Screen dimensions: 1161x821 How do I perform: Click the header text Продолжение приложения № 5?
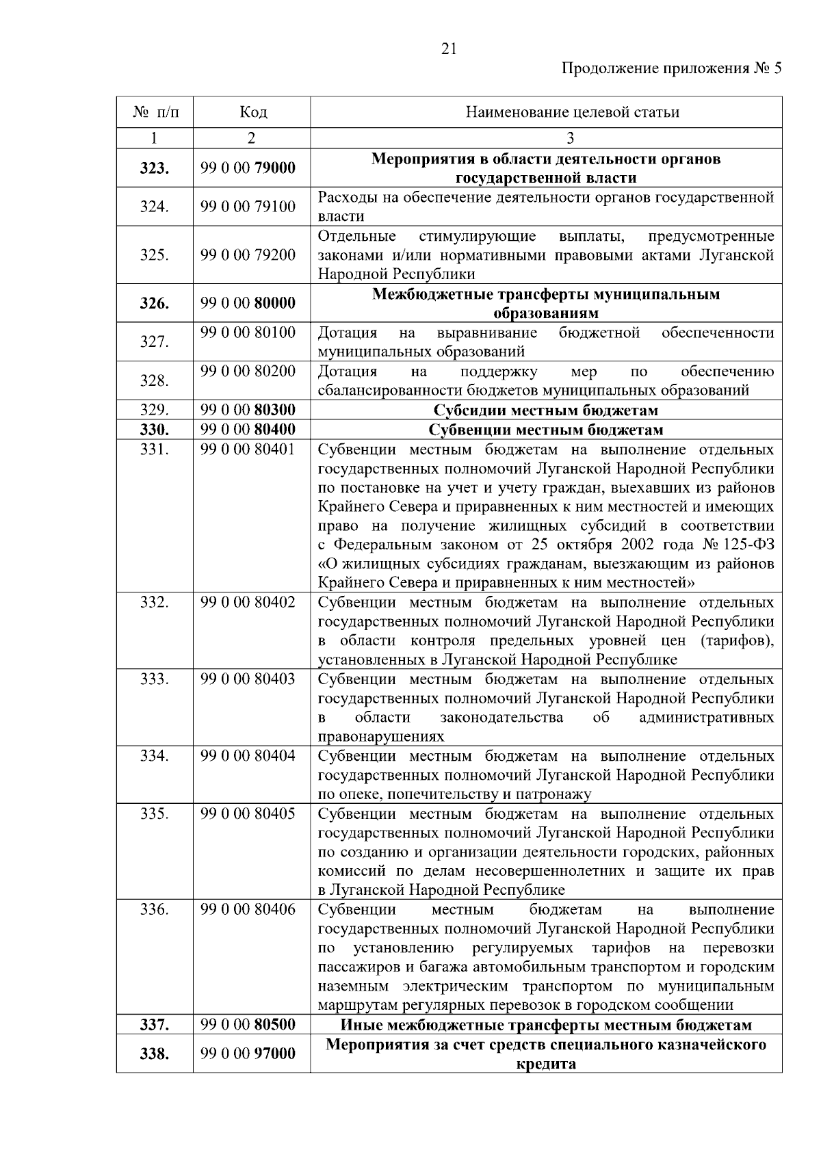670,68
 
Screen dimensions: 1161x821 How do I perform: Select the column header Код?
252,112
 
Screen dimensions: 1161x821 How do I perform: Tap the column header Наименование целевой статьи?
572,112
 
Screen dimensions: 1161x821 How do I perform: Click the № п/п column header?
155,112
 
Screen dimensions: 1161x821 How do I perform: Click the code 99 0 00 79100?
248,207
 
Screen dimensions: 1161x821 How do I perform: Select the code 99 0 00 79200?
248,255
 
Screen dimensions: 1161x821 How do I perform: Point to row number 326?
155,303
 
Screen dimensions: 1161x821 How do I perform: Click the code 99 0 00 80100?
248,333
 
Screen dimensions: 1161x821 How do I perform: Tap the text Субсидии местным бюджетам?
546,410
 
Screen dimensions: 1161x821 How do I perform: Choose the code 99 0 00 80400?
248,430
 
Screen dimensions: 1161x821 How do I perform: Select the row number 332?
155,603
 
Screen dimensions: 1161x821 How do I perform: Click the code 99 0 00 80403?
248,679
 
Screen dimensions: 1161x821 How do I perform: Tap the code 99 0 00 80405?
248,814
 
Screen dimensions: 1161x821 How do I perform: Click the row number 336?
155,910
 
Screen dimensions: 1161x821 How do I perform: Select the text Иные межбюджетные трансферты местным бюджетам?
546,1025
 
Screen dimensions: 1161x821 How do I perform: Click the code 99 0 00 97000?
248,1054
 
